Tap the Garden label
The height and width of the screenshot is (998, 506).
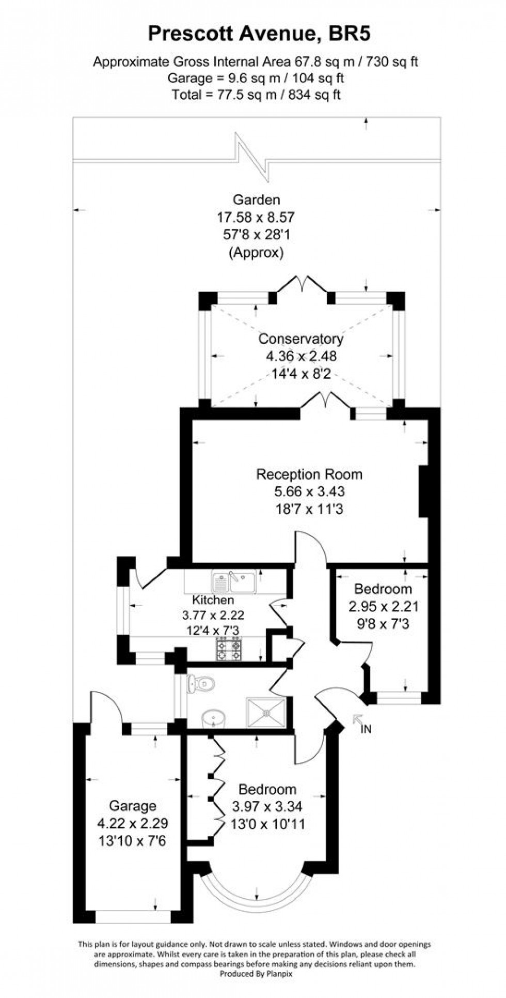256,200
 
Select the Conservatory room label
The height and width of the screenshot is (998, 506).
301,339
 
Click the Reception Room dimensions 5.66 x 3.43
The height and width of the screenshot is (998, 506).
309,491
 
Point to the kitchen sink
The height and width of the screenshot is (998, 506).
234,582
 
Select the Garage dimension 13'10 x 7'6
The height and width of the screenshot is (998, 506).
133,841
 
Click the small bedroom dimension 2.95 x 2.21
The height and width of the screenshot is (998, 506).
383,606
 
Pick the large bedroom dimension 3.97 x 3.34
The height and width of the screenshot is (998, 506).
267,806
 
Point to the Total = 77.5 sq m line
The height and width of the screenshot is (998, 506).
256,95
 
